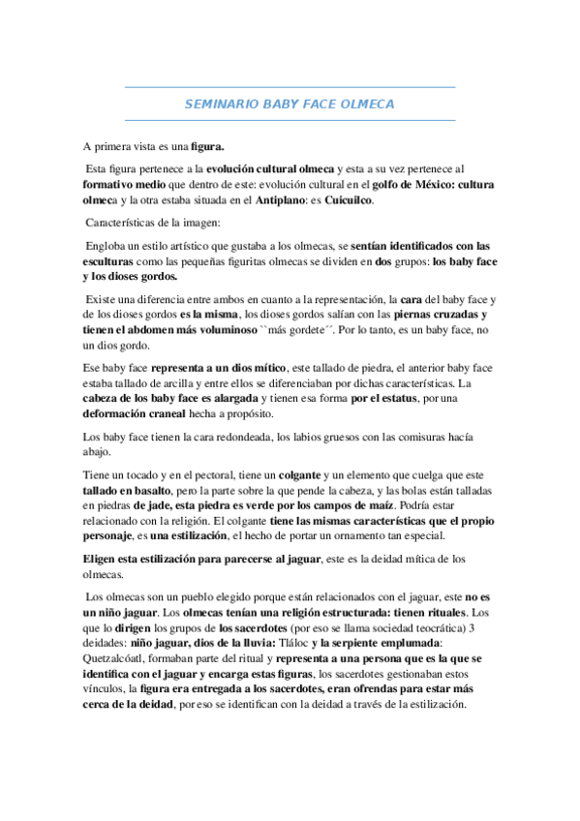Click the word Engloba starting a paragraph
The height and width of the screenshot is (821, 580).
coord(107,246)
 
